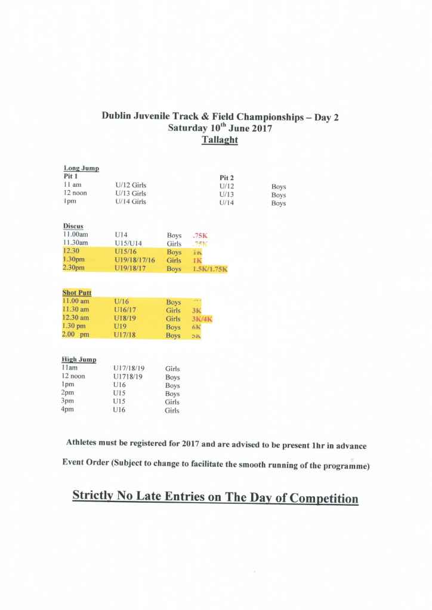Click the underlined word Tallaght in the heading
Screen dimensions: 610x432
click(220, 140)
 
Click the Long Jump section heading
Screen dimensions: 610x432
click(81, 169)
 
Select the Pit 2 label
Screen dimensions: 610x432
click(230, 178)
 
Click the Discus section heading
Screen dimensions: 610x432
click(73, 227)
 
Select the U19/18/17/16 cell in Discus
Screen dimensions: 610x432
click(134, 261)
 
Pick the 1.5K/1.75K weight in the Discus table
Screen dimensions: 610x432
click(209, 270)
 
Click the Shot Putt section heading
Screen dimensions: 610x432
click(77, 293)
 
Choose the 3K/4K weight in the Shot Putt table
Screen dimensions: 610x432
click(202, 319)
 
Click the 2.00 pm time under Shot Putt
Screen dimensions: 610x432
click(76, 336)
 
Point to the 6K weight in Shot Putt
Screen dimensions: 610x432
click(196, 327)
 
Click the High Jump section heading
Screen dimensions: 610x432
click(79, 360)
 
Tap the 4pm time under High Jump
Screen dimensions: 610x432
click(69, 410)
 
